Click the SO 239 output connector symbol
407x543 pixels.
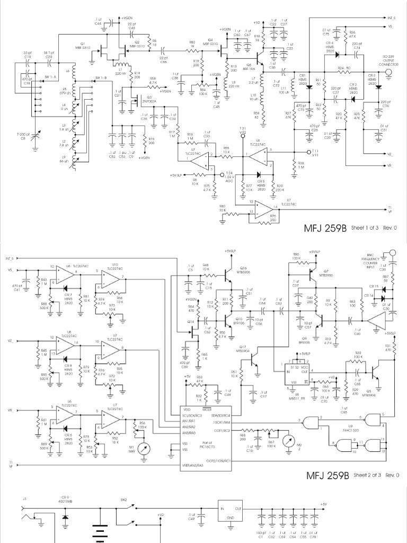pos(390,76)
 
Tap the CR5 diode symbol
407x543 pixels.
pos(259,174)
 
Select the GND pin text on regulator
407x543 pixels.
pos(230,518)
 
